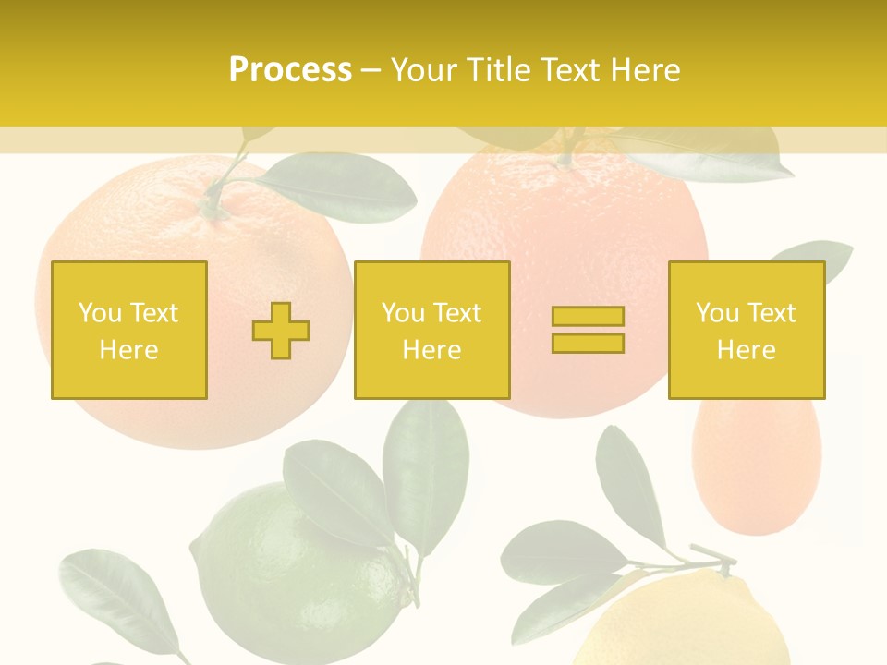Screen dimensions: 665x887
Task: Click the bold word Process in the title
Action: pos(290,70)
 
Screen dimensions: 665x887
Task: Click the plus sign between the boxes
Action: pos(281,331)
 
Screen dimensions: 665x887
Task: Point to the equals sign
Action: pos(588,330)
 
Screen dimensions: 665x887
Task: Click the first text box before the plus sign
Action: pos(128,330)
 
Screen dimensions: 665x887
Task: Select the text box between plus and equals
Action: pos(431,330)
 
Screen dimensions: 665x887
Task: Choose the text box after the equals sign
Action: pos(746,330)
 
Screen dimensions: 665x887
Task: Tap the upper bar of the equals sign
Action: pos(588,317)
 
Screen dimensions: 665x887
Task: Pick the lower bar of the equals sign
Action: pos(588,344)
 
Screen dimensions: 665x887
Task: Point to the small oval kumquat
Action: pos(756,466)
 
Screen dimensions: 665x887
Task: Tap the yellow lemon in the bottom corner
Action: pos(684,623)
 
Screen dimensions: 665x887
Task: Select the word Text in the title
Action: pos(566,70)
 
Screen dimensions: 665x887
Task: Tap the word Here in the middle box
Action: pos(431,350)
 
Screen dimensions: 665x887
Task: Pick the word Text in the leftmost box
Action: pos(152,313)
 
